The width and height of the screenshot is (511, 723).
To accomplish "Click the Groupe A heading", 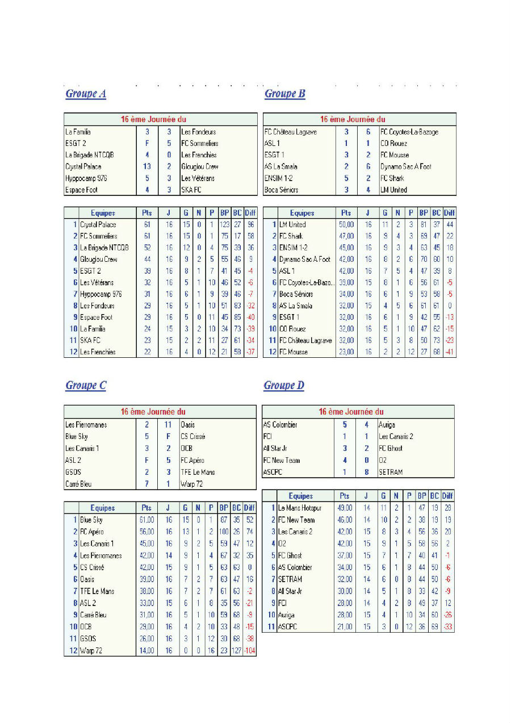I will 86,94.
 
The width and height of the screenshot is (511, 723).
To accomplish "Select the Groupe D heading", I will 284,386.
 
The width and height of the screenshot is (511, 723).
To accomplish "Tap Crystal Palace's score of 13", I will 147,166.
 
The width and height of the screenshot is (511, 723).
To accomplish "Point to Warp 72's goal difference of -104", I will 249,650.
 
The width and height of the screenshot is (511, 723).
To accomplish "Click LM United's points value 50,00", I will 346,225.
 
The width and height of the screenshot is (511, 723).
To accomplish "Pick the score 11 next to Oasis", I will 169,425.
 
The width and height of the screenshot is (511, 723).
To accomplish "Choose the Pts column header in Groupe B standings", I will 346,213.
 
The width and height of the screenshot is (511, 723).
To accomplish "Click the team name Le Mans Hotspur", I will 301,508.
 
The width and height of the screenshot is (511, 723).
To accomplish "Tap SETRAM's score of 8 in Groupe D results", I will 367,472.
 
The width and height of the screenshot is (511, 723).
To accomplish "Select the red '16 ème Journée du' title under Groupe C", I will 161,412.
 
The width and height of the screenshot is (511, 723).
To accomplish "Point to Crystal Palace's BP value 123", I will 225,225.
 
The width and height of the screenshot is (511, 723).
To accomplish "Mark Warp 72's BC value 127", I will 237,650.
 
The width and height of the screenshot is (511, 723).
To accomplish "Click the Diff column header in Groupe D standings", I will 447,496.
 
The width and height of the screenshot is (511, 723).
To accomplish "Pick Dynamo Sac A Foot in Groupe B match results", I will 405,166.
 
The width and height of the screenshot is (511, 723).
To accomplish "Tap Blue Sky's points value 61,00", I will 146,520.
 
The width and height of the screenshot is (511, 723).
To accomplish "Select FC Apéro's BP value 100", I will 224,532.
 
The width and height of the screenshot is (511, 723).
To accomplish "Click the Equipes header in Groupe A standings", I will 103,213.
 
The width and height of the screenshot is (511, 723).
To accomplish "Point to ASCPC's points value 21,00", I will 345,626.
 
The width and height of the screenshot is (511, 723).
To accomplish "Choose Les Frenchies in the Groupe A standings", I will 98,352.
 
